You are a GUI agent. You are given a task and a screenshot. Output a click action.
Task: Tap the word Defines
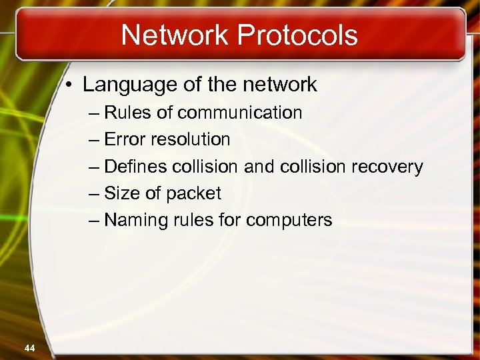point(135,166)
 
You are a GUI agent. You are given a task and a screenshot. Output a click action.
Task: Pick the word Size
point(122,193)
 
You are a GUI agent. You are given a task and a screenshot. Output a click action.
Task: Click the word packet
point(193,193)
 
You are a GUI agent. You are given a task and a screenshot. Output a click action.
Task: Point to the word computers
point(293,220)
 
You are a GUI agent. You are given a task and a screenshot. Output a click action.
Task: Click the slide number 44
point(29,347)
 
